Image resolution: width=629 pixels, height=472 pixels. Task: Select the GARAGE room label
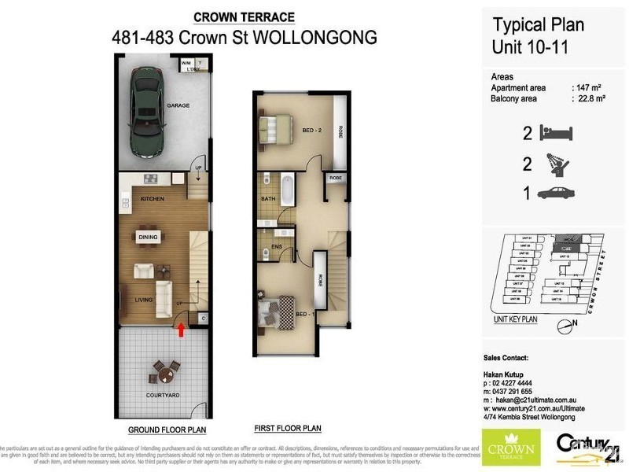click(x=178, y=105)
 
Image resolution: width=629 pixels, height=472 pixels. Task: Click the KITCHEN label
click(x=153, y=199)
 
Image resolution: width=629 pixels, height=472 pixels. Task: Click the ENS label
click(x=277, y=247)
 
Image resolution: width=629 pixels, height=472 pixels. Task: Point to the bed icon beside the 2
click(x=557, y=134)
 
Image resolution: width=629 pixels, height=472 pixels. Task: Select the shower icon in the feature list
click(x=557, y=164)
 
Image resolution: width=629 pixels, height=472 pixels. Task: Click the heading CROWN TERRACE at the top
click(x=245, y=17)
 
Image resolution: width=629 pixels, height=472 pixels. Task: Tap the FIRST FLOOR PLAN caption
click(x=288, y=429)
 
